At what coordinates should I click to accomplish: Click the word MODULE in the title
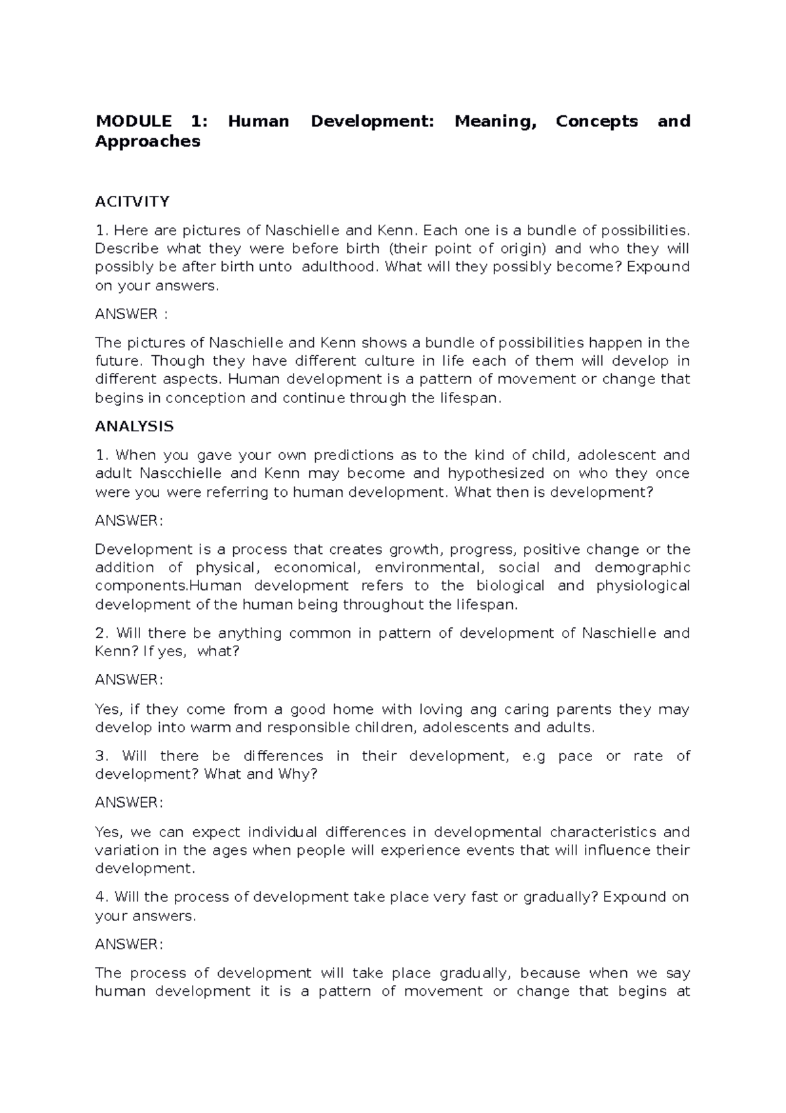pyautogui.click(x=134, y=121)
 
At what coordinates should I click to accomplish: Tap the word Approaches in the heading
pyautogui.click(x=147, y=141)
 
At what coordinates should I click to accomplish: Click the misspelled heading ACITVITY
pyautogui.click(x=132, y=201)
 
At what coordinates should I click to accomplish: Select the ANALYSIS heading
pyautogui.click(x=134, y=427)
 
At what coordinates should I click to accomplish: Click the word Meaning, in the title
pyautogui.click(x=495, y=121)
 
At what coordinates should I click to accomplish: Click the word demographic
pyautogui.click(x=642, y=568)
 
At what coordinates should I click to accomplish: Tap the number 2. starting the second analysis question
pyautogui.click(x=102, y=633)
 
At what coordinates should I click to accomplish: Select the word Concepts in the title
pyautogui.click(x=596, y=121)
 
